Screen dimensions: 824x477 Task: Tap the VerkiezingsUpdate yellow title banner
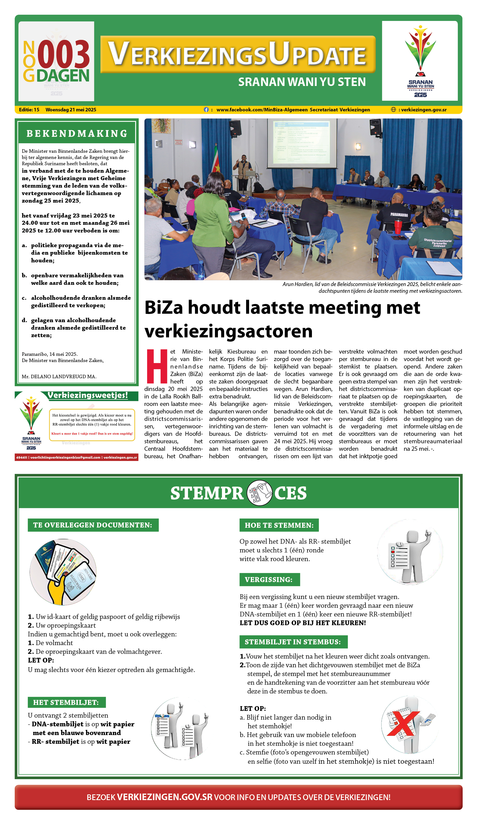tap(238, 54)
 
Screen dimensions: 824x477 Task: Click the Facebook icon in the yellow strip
tap(206, 110)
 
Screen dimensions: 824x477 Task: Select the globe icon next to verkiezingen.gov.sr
tap(393, 110)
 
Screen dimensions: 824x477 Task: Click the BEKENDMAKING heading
tap(77, 133)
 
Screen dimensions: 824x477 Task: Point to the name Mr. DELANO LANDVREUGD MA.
tap(59, 376)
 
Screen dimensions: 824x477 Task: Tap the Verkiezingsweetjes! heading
tap(88, 395)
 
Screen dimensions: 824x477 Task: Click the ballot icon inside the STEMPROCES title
tap(259, 493)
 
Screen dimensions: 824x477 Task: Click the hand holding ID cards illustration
tap(63, 572)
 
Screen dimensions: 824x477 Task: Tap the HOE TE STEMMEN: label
tap(279, 525)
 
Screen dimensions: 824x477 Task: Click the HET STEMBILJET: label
tap(66, 702)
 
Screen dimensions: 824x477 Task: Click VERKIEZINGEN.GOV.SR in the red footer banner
tap(165, 797)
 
